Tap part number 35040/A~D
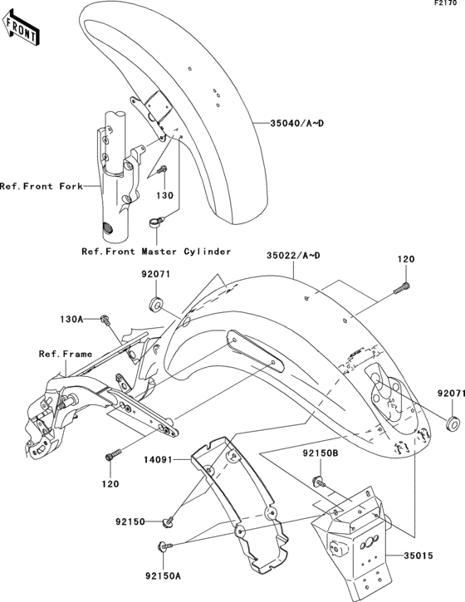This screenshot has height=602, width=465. [x=296, y=122]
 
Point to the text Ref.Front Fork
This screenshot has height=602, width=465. [x=42, y=187]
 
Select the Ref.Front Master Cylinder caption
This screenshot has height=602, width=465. [x=155, y=251]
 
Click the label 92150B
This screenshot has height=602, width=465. [x=319, y=454]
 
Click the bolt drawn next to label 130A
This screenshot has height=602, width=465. [x=106, y=319]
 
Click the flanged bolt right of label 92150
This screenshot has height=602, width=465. [x=170, y=521]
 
